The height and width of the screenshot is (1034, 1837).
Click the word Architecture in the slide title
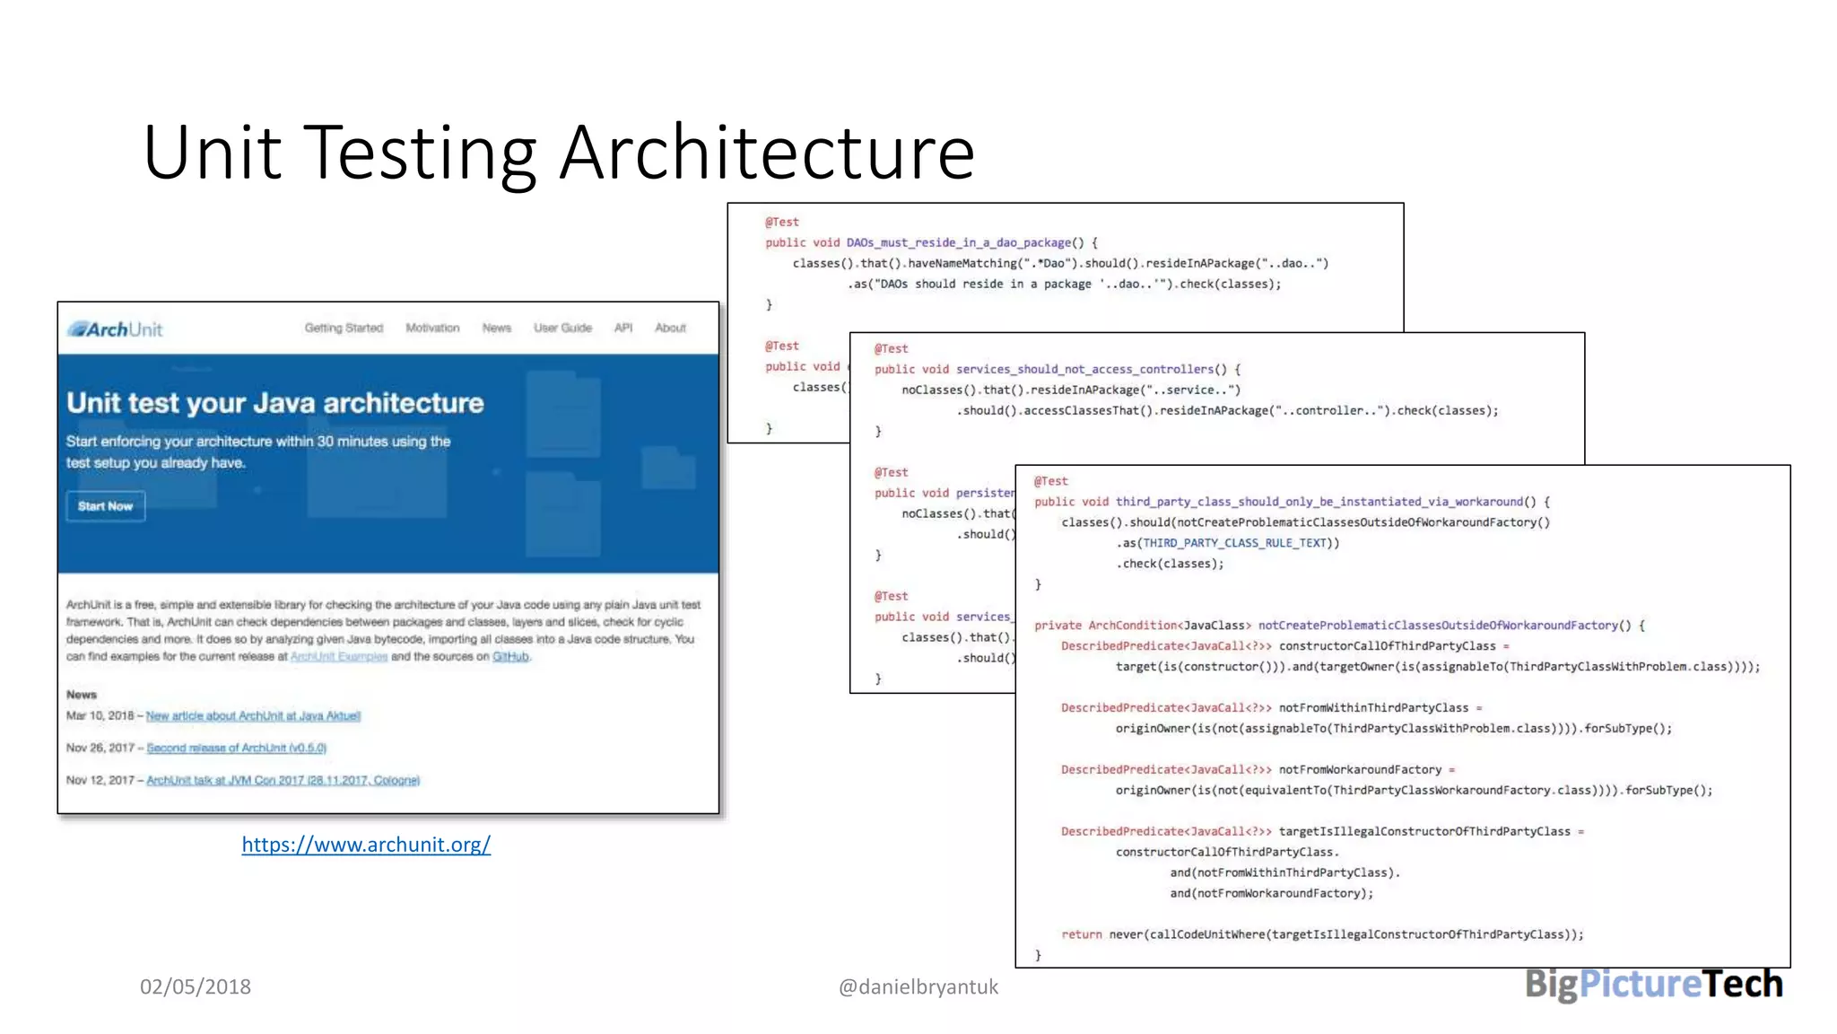[x=767, y=153]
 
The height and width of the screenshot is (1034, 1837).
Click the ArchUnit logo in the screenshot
[x=116, y=329]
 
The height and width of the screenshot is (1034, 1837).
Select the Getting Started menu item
[x=344, y=329]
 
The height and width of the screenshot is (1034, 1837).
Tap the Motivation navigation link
[x=432, y=329]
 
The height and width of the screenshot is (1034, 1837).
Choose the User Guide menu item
[x=562, y=329]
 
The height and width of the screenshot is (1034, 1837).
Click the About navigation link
[x=670, y=329]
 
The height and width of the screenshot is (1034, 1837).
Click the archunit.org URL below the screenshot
[x=366, y=845]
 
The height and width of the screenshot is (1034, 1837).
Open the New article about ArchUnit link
[x=253, y=716]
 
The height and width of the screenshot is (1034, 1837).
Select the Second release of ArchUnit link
[x=237, y=749]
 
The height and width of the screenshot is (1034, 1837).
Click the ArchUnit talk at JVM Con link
[x=283, y=781]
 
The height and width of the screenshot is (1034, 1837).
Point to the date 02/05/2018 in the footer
[x=196, y=987]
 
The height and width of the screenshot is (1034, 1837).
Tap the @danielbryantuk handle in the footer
[x=918, y=987]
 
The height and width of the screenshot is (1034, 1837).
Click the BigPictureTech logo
[x=1653, y=985]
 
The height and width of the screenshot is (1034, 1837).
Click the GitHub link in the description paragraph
[x=510, y=657]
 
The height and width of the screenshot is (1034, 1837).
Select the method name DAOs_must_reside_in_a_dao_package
[x=958, y=243]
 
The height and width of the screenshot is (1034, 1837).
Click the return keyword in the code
[x=1081, y=934]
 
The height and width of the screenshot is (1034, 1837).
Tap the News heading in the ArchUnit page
[x=82, y=695]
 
